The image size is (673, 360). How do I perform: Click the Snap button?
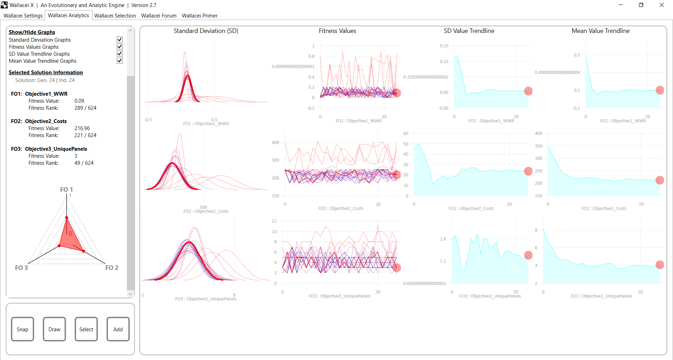click(22, 329)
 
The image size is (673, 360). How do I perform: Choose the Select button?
click(86, 329)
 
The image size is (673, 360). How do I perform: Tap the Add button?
click(118, 329)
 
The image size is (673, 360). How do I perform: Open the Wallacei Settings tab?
click(23, 16)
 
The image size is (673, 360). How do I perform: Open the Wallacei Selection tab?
click(115, 16)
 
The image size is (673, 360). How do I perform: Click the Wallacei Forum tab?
click(159, 16)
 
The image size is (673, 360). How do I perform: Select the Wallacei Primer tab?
click(199, 16)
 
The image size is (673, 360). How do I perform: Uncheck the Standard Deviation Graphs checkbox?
click(120, 40)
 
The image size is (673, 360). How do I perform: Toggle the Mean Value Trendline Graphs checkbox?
click(120, 61)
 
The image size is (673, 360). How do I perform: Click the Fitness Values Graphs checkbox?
click(120, 47)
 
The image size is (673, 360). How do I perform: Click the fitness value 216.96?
click(82, 128)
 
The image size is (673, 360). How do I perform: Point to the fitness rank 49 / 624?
click(84, 163)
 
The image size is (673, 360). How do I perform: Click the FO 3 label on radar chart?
click(21, 268)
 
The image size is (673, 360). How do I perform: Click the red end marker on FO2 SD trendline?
click(528, 171)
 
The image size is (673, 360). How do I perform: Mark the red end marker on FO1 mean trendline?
click(660, 90)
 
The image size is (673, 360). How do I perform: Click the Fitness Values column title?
click(337, 31)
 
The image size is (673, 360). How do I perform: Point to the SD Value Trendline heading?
click(469, 31)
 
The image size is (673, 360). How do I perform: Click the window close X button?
click(661, 5)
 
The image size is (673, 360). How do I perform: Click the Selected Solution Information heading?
click(46, 73)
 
